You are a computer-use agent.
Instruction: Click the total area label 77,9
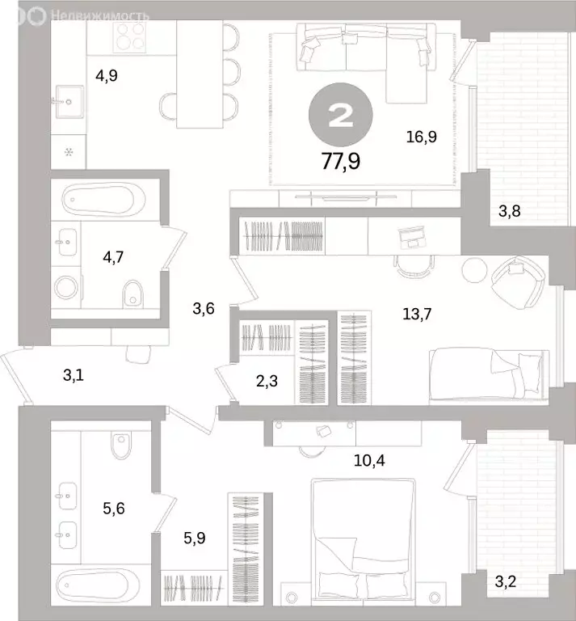341,161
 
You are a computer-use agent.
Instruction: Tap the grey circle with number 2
341,115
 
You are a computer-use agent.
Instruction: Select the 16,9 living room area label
422,137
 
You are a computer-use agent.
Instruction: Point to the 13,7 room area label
417,314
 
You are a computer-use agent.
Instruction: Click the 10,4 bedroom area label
369,461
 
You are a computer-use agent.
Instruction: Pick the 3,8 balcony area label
510,211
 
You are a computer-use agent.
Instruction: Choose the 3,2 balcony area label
506,582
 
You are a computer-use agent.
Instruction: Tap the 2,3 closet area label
267,381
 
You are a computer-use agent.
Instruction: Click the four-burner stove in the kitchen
129,37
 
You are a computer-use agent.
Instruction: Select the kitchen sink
69,102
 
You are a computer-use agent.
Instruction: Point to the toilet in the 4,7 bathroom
132,294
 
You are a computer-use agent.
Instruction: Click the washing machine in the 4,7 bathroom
66,287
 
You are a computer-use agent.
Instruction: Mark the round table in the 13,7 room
474,270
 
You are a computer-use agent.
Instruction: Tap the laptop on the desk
412,237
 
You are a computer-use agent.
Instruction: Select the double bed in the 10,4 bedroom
364,542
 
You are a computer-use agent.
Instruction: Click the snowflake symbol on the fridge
69,152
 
